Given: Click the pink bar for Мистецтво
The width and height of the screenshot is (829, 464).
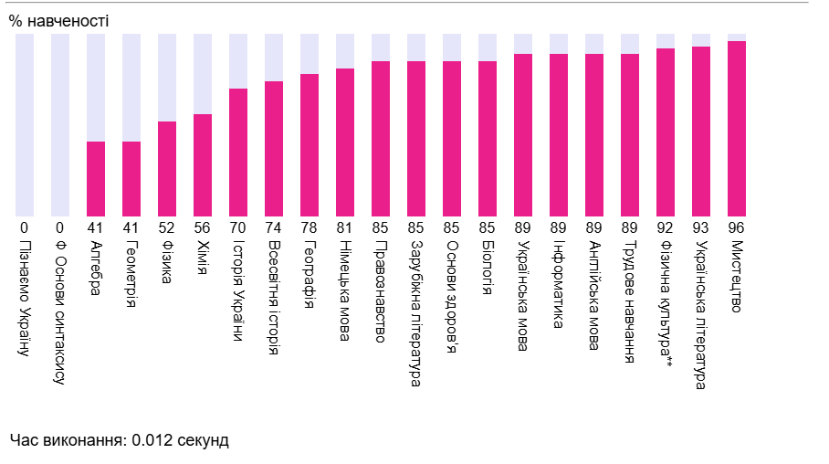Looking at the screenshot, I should (737, 128).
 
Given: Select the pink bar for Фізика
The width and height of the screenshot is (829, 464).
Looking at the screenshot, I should (167, 168).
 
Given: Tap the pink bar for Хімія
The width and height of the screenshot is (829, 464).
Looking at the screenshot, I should (203, 164).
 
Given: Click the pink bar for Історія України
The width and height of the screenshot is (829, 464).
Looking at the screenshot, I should (238, 152).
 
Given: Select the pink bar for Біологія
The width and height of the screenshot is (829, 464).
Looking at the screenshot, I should (488, 138).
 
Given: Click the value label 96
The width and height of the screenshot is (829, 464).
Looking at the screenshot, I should (737, 227).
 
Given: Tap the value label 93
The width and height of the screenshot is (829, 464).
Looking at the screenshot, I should (701, 227).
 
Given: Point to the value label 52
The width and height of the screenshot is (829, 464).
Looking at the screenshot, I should (167, 227).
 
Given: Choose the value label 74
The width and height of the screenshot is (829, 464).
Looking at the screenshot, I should (274, 227).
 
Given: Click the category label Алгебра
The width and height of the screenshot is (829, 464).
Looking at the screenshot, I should (96, 268).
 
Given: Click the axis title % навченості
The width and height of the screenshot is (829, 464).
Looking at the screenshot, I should (58, 20).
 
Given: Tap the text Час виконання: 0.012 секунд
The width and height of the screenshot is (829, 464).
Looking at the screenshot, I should (120, 440).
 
